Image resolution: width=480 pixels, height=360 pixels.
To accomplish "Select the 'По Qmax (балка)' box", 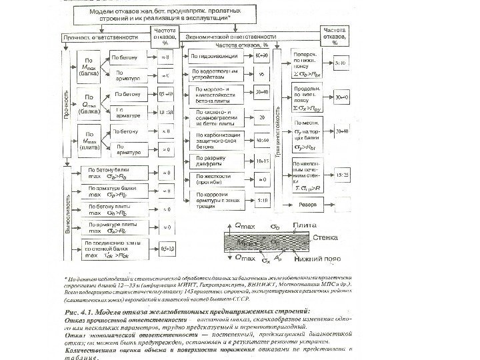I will pyautogui.click(x=89, y=106).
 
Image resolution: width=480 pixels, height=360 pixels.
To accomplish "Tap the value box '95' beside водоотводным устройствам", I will pyautogui.click(x=262, y=73).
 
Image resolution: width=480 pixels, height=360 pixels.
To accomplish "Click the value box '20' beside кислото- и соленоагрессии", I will pyautogui.click(x=262, y=117).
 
